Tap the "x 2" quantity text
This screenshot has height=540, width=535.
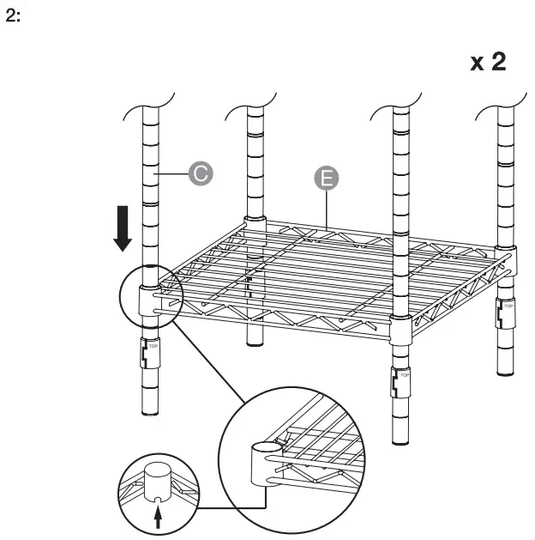[493, 64]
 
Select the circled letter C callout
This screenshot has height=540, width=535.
[200, 173]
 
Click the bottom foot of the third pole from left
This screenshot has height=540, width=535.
[400, 440]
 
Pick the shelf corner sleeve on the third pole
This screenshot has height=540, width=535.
[400, 330]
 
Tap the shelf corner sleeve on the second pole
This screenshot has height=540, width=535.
[255, 226]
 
